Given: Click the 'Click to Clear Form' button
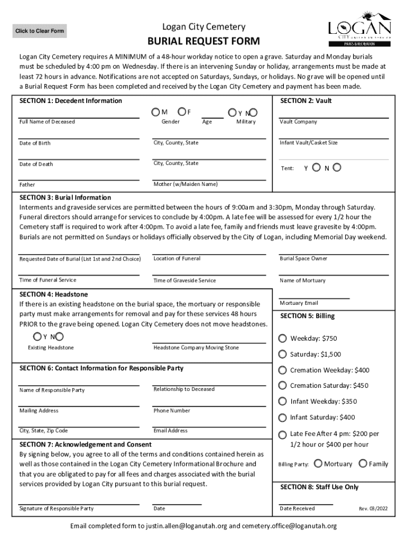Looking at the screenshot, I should (40, 31).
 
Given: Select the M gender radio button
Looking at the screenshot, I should (155, 112).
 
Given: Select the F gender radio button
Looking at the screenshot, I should (181, 112).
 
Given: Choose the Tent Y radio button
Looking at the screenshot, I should (316, 168).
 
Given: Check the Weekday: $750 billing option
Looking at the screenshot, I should (283, 338).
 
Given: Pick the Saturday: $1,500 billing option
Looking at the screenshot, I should (283, 354).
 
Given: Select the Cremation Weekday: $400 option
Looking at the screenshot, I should (283, 370).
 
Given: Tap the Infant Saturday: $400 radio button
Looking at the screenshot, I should (283, 417).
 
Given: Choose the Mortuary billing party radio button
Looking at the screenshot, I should (318, 463).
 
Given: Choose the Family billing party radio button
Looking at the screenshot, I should (363, 463).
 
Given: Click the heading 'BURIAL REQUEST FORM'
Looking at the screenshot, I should (203, 41).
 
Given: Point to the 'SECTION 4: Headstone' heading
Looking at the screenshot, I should (53, 294).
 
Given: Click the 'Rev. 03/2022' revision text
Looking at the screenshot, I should (373, 509).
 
